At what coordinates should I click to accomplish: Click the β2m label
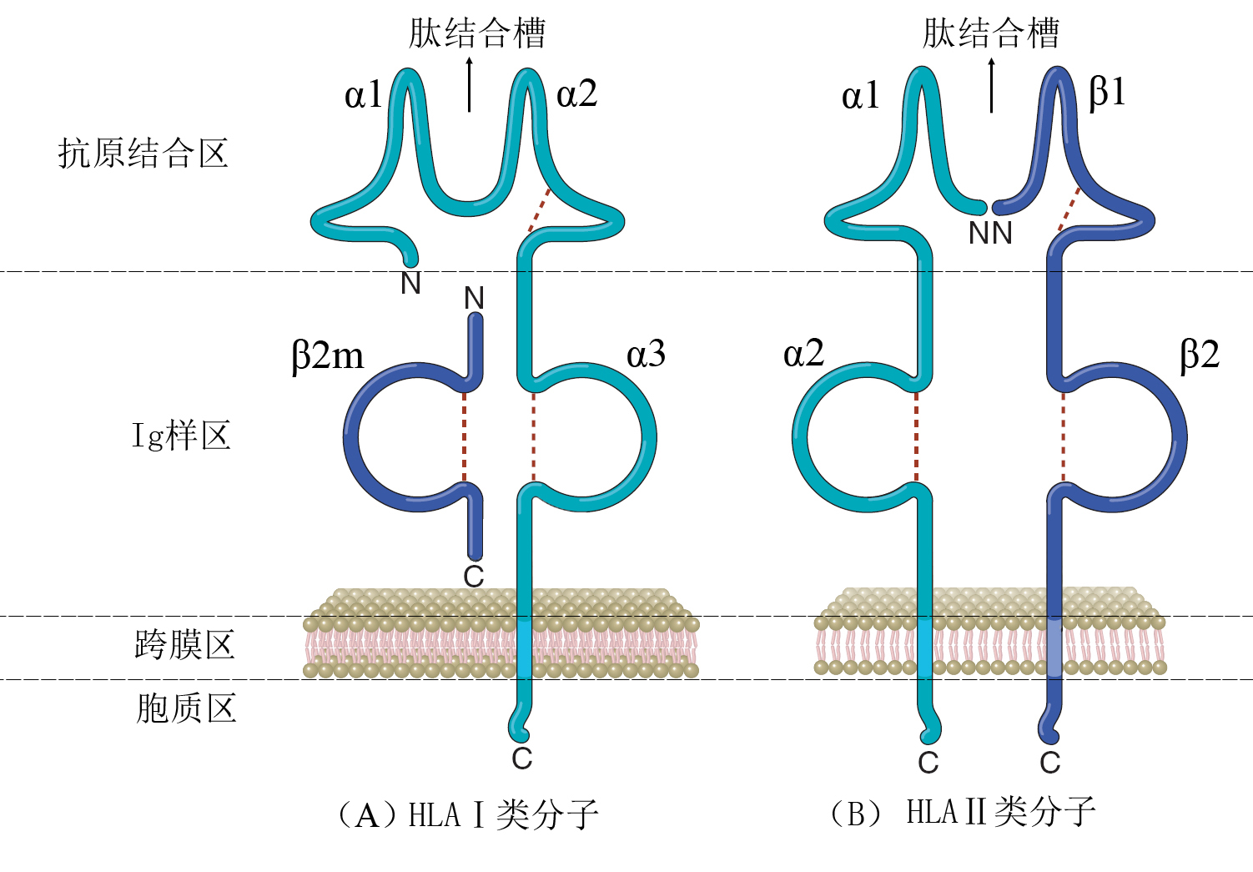click(x=328, y=355)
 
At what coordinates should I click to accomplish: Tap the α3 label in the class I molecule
click(x=646, y=355)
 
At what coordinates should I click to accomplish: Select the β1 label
click(x=1107, y=92)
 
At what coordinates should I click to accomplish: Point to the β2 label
click(x=1199, y=355)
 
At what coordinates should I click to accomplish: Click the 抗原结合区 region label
click(x=143, y=154)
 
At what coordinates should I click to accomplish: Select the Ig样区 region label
click(x=181, y=436)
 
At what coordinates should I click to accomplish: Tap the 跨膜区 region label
click(x=184, y=645)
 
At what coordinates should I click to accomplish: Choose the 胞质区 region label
click(x=186, y=708)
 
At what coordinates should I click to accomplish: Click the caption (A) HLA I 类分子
click(x=467, y=814)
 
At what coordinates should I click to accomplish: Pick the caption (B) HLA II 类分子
click(x=963, y=812)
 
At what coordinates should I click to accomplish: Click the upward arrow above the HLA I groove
click(x=470, y=84)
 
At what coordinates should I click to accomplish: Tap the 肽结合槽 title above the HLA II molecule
click(x=990, y=33)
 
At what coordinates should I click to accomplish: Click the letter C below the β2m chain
click(x=474, y=576)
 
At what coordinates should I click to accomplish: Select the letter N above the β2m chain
click(x=474, y=298)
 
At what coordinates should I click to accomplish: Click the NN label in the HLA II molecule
click(x=990, y=234)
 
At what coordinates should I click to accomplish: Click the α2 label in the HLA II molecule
click(x=803, y=355)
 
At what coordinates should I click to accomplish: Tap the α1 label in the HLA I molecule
click(x=364, y=95)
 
